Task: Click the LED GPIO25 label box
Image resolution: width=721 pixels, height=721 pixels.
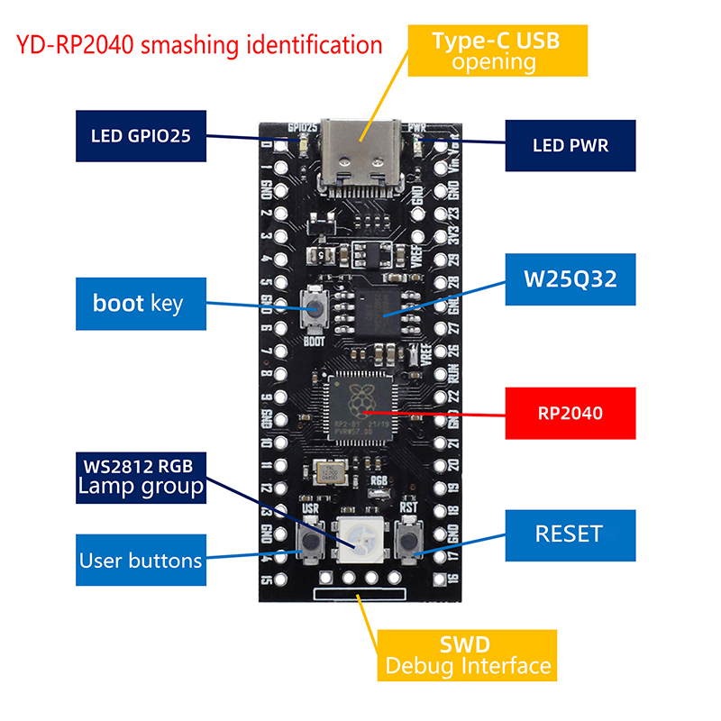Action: [142, 138]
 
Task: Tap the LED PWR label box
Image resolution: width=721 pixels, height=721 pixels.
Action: [570, 144]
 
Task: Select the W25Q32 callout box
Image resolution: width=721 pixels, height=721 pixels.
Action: [570, 278]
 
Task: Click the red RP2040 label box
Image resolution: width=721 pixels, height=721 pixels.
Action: [570, 414]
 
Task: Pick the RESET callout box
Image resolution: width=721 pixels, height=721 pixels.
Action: [569, 534]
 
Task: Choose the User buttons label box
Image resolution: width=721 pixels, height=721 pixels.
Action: [141, 560]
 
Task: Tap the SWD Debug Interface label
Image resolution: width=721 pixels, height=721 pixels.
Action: [465, 656]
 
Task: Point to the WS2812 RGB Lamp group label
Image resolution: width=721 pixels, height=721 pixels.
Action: [141, 477]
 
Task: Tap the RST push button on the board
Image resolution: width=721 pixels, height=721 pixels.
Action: [409, 541]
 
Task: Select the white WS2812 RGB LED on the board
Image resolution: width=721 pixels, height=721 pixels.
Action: [360, 541]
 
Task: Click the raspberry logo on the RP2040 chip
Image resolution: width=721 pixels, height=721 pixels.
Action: [360, 395]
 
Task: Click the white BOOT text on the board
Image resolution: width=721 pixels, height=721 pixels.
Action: [314, 342]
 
